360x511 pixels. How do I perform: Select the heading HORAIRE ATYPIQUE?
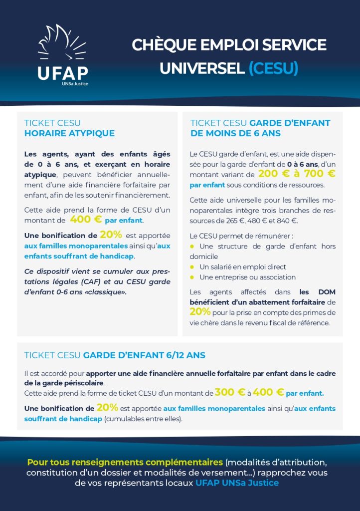(69, 133)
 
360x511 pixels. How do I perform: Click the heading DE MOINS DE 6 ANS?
(235, 133)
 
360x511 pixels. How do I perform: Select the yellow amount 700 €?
(317, 174)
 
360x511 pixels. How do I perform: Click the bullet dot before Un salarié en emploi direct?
(192, 267)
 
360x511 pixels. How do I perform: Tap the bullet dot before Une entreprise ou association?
(192, 277)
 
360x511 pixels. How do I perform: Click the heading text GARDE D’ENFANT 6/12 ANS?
(144, 355)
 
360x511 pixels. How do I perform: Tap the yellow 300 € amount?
(230, 392)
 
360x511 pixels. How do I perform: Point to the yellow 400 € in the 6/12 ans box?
(268, 392)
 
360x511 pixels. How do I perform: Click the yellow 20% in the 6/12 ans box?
(107, 408)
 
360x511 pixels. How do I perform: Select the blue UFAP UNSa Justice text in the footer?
(237, 483)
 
